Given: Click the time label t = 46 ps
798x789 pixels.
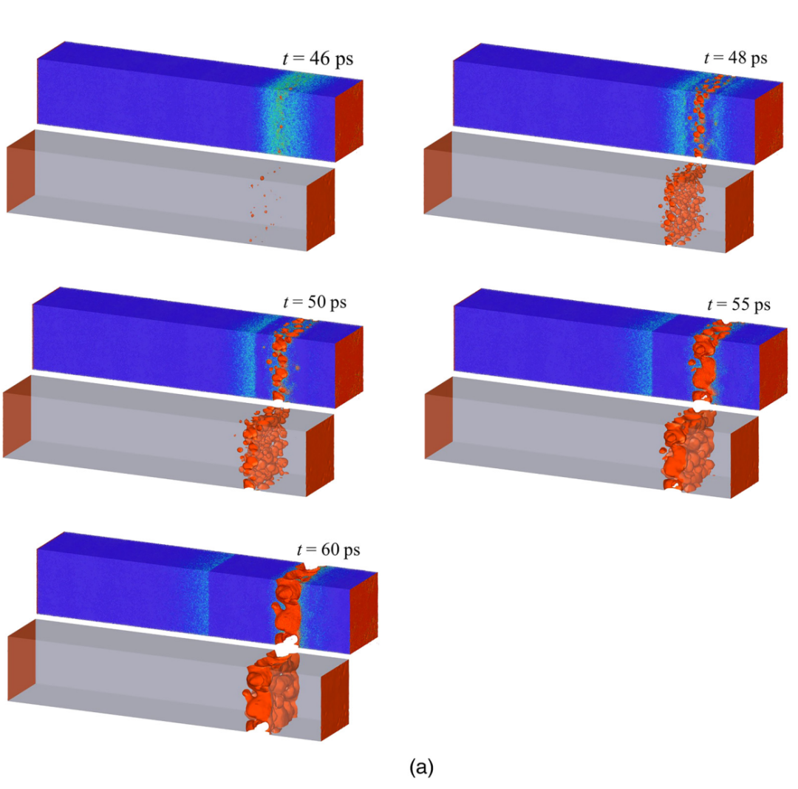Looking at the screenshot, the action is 318,58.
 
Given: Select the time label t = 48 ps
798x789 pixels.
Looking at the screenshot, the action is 735,58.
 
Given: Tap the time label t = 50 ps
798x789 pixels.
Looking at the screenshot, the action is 315,302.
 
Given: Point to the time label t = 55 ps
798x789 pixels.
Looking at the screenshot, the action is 738,305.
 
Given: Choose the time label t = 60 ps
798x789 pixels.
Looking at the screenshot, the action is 328,549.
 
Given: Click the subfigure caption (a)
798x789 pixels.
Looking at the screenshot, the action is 421,767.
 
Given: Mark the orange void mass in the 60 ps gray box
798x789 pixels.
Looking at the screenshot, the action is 272,693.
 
